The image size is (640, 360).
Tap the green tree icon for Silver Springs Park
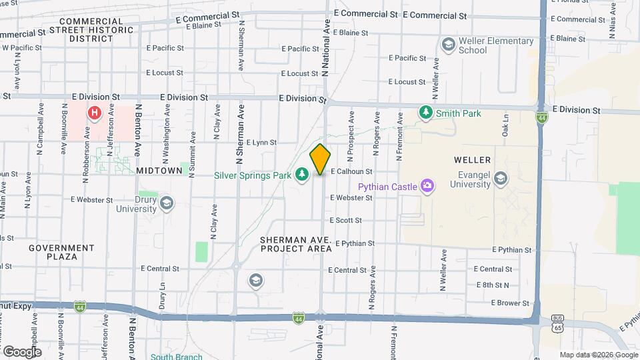(x=302, y=174)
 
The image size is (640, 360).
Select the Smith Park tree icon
(x=425, y=113)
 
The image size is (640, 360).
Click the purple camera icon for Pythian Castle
(x=427, y=186)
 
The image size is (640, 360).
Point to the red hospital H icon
(x=95, y=113)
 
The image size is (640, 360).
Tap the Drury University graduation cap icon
(x=166, y=202)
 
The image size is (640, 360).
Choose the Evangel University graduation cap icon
(x=501, y=178)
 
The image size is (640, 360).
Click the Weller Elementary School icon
(x=448, y=45)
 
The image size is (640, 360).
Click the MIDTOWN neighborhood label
(x=159, y=171)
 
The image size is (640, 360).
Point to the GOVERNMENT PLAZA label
(x=53, y=252)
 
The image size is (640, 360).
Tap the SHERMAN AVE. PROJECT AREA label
(x=296, y=244)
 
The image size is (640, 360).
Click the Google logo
(x=21, y=351)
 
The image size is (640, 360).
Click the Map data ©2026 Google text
(x=598, y=355)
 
